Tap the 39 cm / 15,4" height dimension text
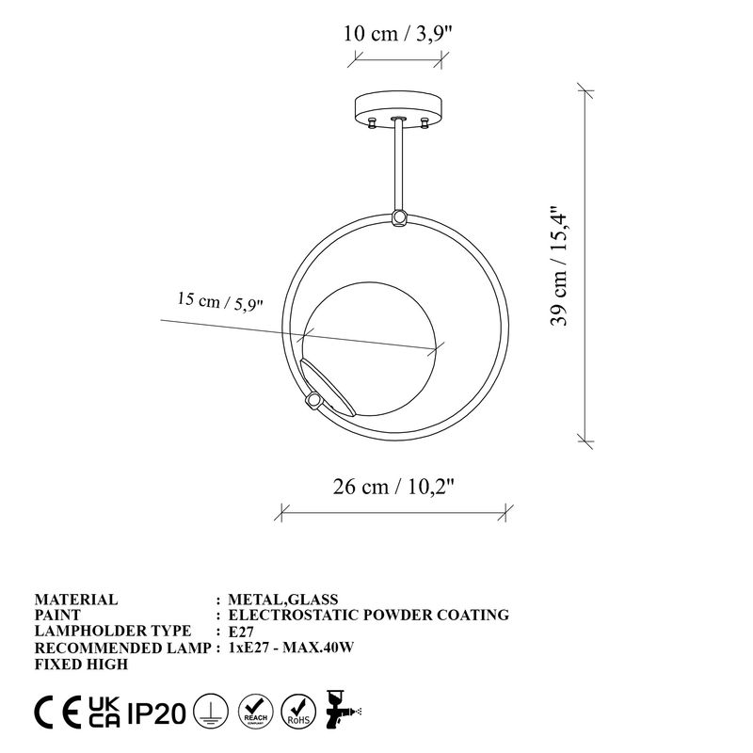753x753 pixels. pyautogui.click(x=561, y=264)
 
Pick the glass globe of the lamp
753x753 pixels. pyautogui.click(x=376, y=348)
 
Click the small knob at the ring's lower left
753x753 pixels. pyautogui.click(x=311, y=402)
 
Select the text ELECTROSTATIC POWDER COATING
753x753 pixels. pyautogui.click(x=368, y=615)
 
